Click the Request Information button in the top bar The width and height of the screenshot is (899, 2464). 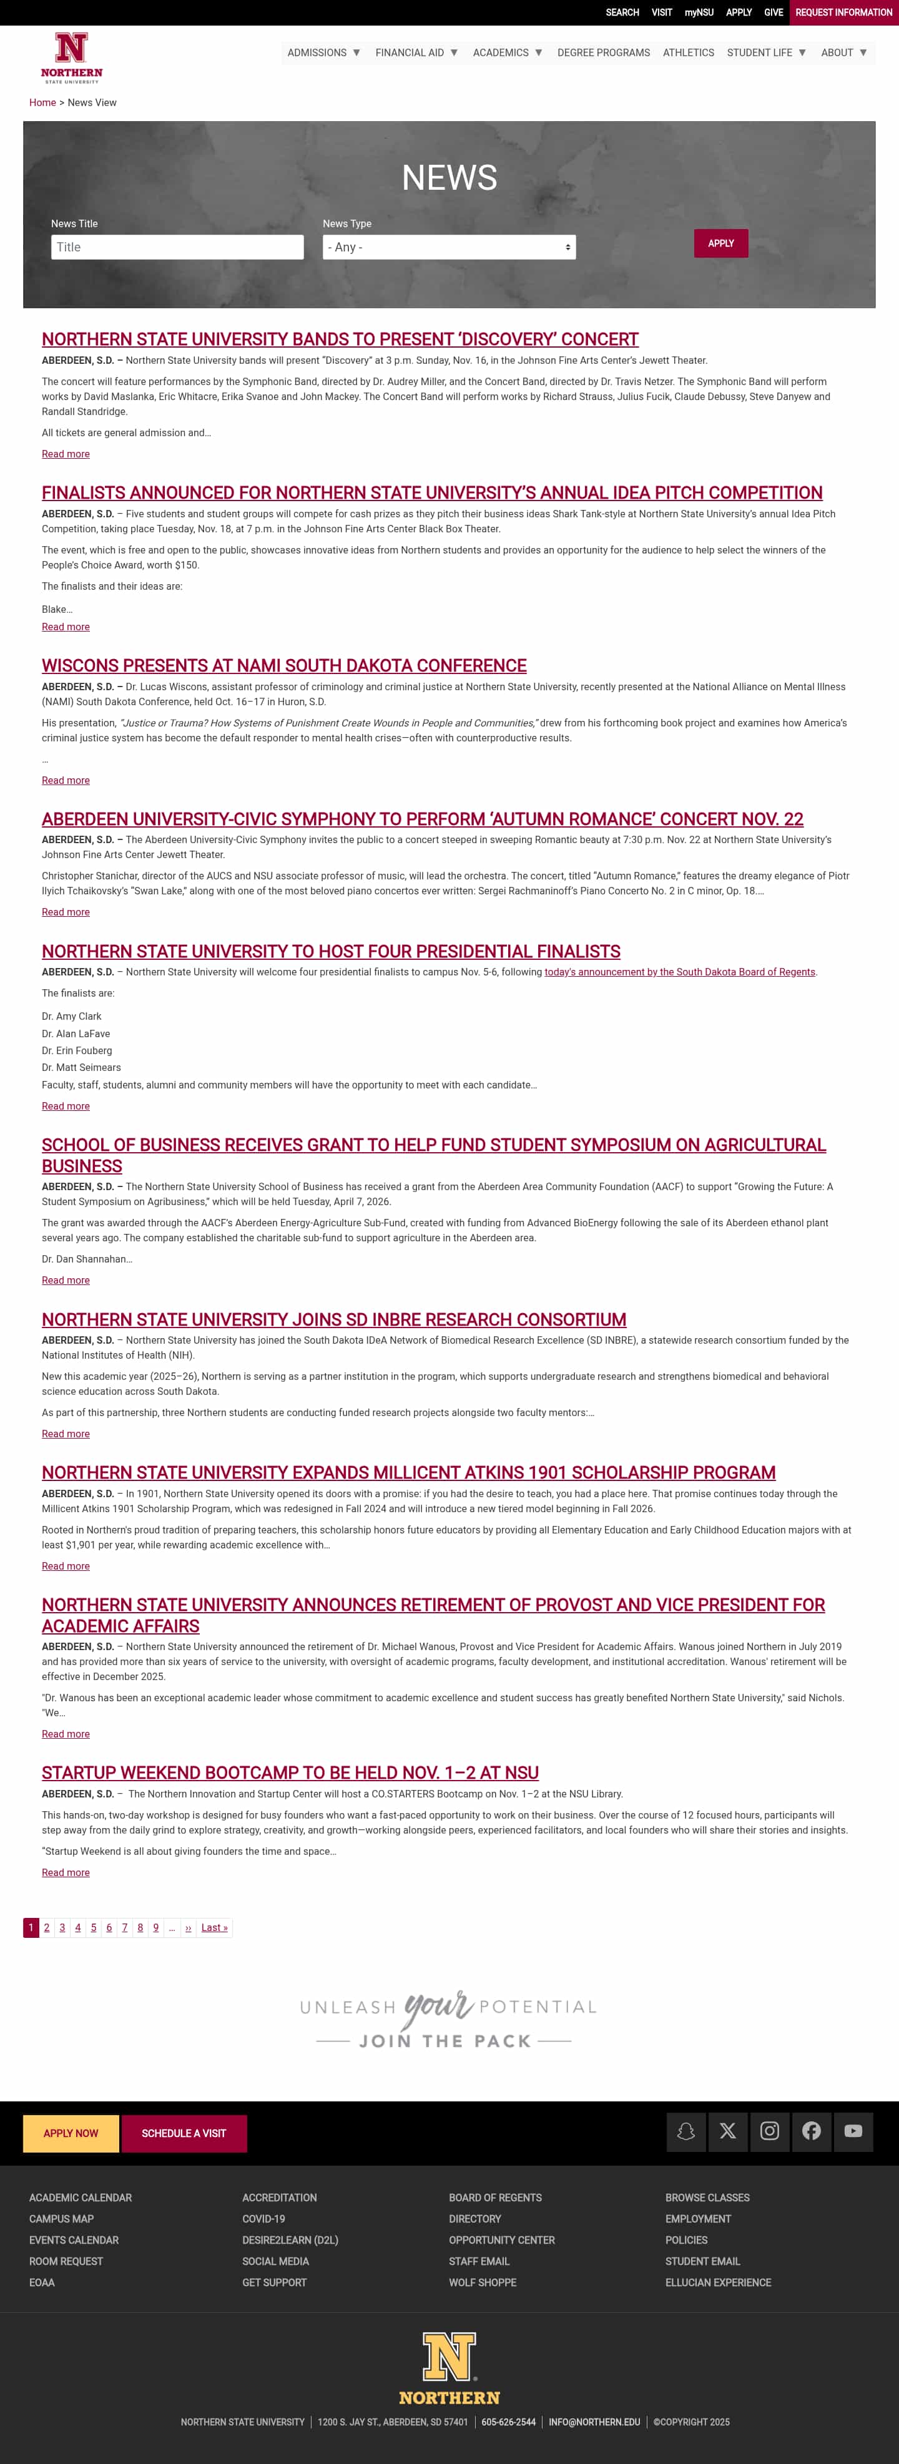tap(843, 12)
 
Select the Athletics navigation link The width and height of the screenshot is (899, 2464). tap(687, 52)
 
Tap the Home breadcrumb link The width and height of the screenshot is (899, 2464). tap(42, 102)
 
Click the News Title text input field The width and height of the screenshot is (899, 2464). tap(177, 247)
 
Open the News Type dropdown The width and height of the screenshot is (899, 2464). tap(448, 247)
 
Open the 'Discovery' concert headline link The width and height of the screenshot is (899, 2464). tap(340, 340)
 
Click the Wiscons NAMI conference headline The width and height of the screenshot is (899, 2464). tap(284, 666)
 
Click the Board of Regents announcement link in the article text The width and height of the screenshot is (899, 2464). tap(679, 972)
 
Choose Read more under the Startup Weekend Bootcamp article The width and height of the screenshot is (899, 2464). tap(65, 1872)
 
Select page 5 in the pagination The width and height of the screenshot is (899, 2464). tap(94, 1927)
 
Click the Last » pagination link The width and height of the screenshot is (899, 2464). tap(214, 1927)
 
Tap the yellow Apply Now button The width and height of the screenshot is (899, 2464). tap(71, 2133)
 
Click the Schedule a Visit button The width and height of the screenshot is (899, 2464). tap(184, 2133)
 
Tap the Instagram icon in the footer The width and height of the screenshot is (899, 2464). tap(769, 2131)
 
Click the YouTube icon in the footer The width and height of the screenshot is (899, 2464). tap(853, 2131)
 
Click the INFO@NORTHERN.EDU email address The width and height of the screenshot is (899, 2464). tap(594, 2422)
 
